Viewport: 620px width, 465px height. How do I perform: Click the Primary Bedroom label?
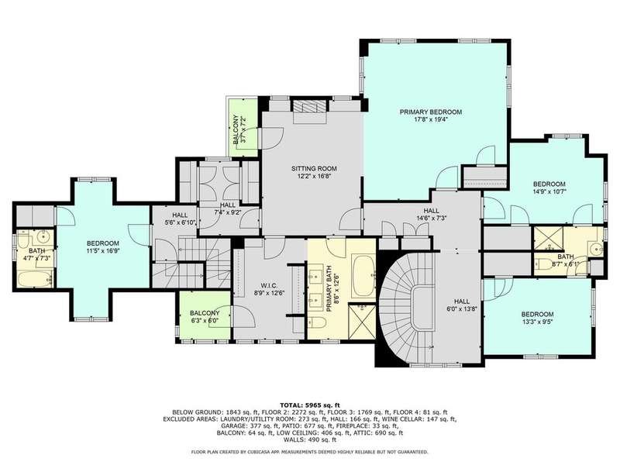point(431,112)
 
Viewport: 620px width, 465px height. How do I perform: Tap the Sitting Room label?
point(314,168)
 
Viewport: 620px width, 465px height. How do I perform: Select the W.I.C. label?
point(269,285)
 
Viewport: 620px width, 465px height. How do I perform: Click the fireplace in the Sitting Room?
point(310,106)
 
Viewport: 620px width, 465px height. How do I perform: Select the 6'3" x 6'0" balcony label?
point(205,317)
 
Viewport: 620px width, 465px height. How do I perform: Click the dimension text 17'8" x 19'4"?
point(431,119)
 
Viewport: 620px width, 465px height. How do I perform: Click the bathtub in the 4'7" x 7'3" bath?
point(35,279)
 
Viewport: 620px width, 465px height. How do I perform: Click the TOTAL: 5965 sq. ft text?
point(310,405)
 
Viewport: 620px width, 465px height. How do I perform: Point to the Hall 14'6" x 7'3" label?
point(431,215)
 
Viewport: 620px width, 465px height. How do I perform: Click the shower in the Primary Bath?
point(363,321)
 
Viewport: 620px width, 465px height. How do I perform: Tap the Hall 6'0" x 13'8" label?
point(462,305)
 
